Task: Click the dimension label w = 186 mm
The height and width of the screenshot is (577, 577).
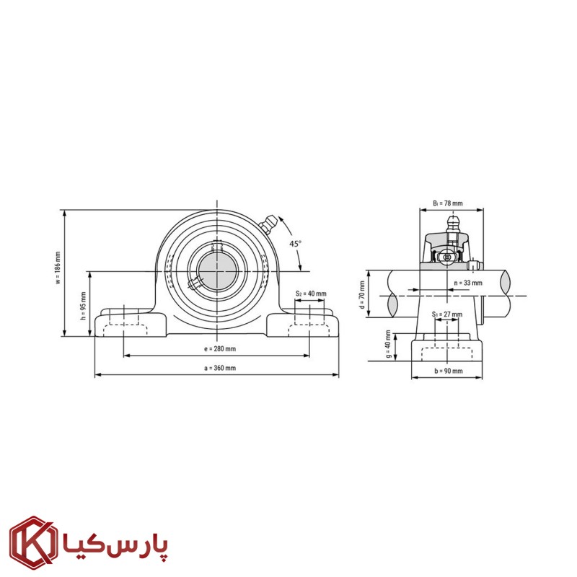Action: pos(58,268)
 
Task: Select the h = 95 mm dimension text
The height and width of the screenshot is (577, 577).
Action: pos(83,306)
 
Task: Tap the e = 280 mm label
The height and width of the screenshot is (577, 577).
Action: pos(220,348)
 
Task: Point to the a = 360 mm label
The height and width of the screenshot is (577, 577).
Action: pos(220,368)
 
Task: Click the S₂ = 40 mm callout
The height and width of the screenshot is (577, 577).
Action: pos(311,294)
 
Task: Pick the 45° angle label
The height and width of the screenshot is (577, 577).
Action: pos(295,244)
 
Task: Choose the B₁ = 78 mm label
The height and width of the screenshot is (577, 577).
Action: pos(448,203)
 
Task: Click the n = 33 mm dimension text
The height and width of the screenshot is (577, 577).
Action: pos(468,283)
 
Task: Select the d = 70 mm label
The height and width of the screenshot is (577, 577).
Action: pos(362,295)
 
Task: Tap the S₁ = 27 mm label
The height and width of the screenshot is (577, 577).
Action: pos(447,314)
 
